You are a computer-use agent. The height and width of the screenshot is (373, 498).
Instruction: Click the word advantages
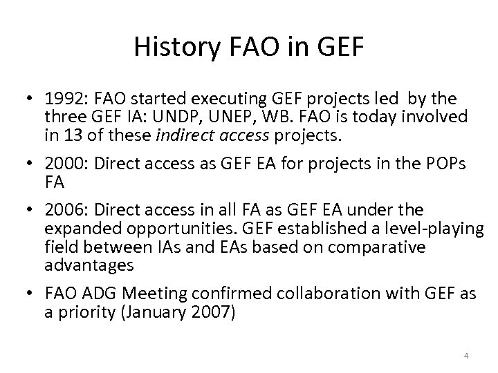89,264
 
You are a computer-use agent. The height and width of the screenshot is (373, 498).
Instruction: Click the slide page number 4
466,356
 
